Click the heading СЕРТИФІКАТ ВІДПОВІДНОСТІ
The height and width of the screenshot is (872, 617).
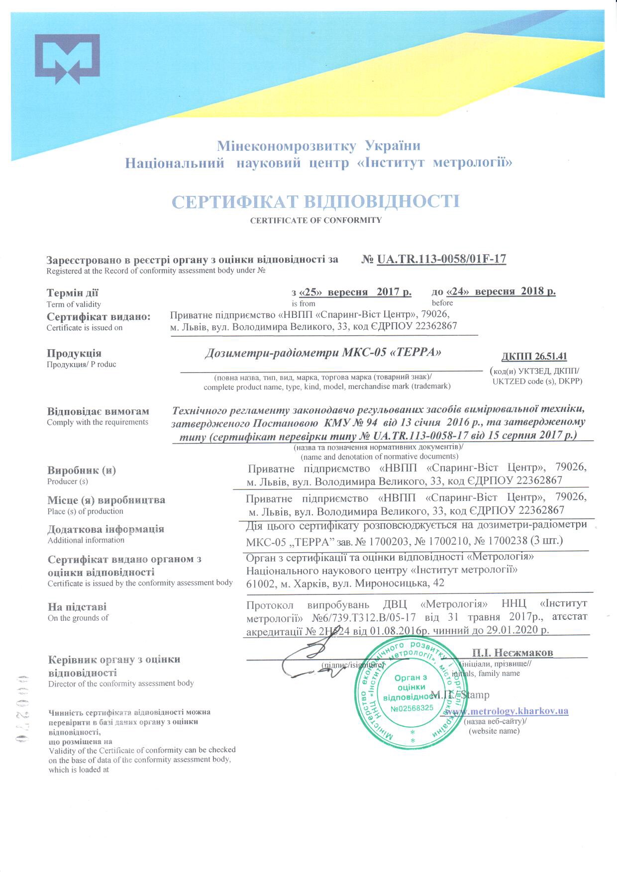pyautogui.click(x=315, y=201)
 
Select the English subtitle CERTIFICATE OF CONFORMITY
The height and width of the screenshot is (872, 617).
pyautogui.click(x=315, y=220)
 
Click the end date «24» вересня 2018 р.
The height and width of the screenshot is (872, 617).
pyautogui.click(x=501, y=291)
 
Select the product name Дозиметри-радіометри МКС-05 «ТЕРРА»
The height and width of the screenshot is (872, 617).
pyautogui.click(x=323, y=353)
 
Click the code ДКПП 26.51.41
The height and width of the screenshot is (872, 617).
pyautogui.click(x=534, y=356)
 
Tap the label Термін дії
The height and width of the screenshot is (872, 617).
pyautogui.click(x=73, y=293)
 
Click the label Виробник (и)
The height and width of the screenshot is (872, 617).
pyautogui.click(x=82, y=470)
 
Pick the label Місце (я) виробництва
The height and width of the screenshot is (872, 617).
pyautogui.click(x=106, y=500)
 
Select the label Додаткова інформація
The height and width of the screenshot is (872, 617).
pyautogui.click(x=105, y=529)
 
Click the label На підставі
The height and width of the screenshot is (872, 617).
pyautogui.click(x=77, y=607)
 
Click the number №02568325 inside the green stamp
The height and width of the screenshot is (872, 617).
pyautogui.click(x=412, y=708)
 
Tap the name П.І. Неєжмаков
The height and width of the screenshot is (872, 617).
pyautogui.click(x=512, y=652)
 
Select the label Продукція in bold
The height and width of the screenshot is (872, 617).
pyautogui.click(x=74, y=353)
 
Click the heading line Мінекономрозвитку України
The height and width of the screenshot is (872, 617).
pyautogui.click(x=318, y=146)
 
